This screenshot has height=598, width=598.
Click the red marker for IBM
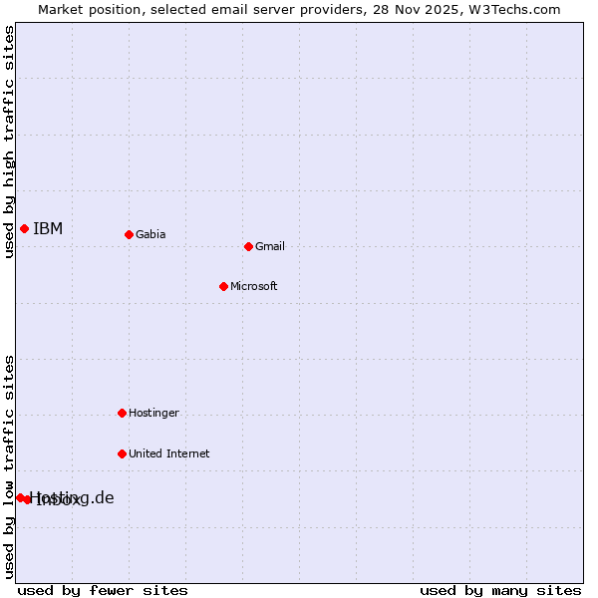[24, 228]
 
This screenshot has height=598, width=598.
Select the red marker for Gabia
[129, 234]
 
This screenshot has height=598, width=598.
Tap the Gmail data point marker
[248, 246]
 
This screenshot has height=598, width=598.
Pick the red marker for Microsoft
[223, 286]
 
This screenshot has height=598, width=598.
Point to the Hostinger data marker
[122, 413]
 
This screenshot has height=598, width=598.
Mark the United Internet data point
[122, 453]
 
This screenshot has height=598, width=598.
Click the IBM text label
[48, 229]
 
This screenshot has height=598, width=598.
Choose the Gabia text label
[150, 235]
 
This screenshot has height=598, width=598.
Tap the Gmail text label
[270, 247]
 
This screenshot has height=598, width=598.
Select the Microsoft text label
[254, 287]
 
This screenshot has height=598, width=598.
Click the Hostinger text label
[153, 414]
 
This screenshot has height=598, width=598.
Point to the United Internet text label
[169, 454]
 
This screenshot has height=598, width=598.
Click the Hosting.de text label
[72, 497]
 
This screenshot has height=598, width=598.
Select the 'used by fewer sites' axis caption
[103, 590]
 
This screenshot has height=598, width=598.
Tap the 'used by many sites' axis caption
[500, 590]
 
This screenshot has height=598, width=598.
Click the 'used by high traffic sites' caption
[9, 142]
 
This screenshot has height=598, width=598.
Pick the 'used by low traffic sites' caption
[9, 466]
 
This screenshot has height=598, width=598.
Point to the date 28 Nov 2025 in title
[427, 10]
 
